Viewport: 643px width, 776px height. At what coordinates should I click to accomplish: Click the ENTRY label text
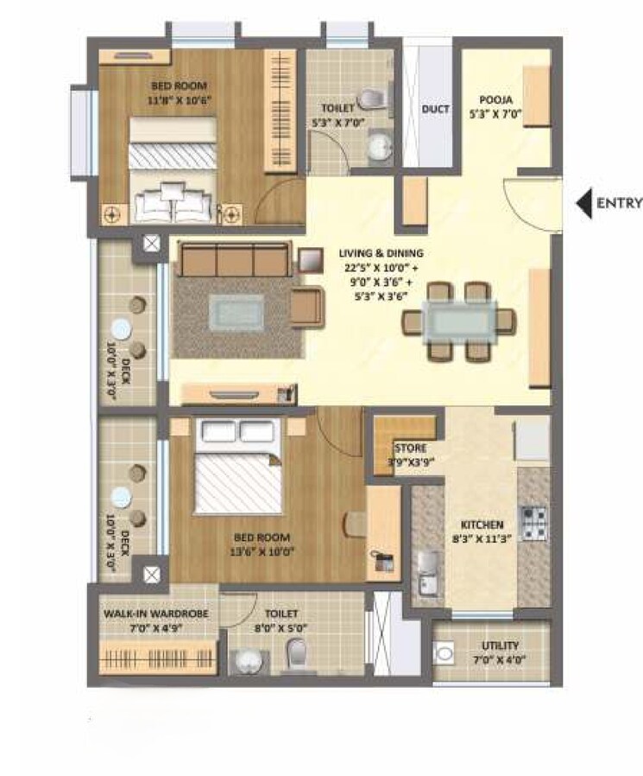pyautogui.click(x=620, y=204)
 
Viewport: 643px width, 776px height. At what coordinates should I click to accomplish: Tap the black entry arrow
pyautogui.click(x=584, y=204)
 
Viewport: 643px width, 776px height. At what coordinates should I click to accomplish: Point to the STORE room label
pyautogui.click(x=410, y=448)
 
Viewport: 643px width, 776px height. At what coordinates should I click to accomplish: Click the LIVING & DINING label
pyautogui.click(x=381, y=253)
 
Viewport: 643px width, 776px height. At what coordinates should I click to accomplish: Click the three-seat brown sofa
pyautogui.click(x=232, y=258)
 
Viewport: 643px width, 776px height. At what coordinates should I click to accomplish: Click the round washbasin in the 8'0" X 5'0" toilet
pyautogui.click(x=248, y=661)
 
